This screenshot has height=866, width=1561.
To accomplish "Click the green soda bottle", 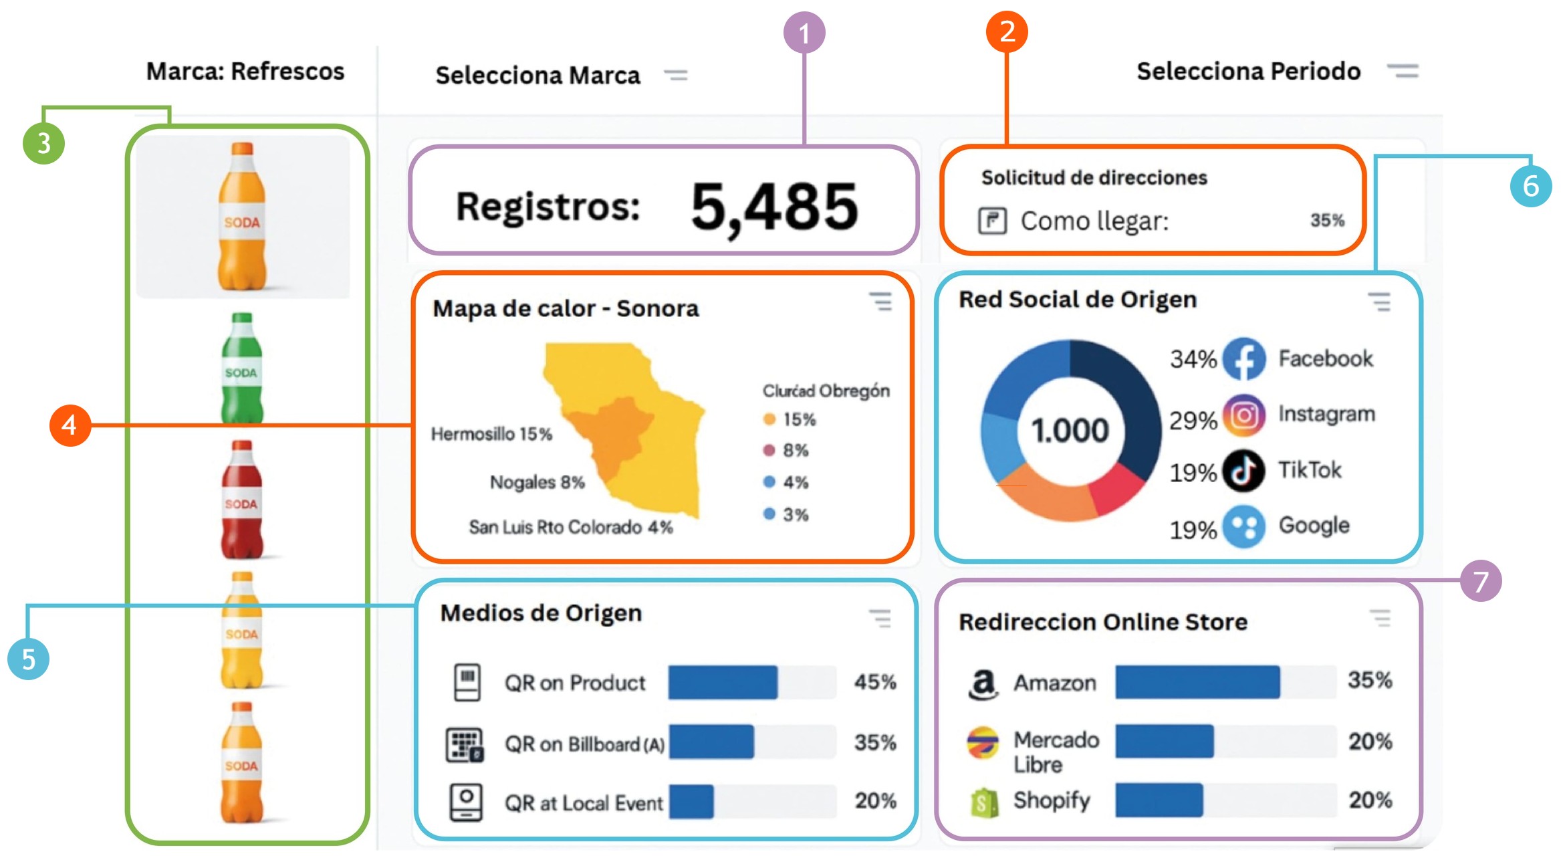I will coord(242,368).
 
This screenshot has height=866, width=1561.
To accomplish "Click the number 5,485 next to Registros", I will coord(774,207).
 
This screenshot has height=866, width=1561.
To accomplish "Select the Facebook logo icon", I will coord(1243,359).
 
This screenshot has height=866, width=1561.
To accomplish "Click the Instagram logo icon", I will coord(1243,415).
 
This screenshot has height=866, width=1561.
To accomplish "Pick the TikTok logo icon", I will coord(1243,471).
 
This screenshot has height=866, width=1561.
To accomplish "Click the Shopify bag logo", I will coord(984,802).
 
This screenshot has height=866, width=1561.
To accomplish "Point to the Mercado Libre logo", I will coord(983,742).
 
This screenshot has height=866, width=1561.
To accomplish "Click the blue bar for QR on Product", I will coord(723,683).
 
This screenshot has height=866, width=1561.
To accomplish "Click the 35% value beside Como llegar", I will coord(1327,221).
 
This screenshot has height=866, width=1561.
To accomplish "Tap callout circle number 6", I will coord(1530,186).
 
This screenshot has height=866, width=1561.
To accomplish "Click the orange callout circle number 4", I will coord(70,425).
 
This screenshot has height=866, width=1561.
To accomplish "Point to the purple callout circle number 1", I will coord(804,33).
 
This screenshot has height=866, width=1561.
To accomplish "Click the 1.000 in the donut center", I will coord(1070,430).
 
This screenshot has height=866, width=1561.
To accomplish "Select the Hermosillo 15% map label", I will coord(491,434).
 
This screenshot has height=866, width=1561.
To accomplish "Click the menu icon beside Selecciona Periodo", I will coord(1403,71).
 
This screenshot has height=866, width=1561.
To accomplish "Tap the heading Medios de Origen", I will coord(541,613).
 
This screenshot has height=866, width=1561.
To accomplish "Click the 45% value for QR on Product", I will coord(875,682).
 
